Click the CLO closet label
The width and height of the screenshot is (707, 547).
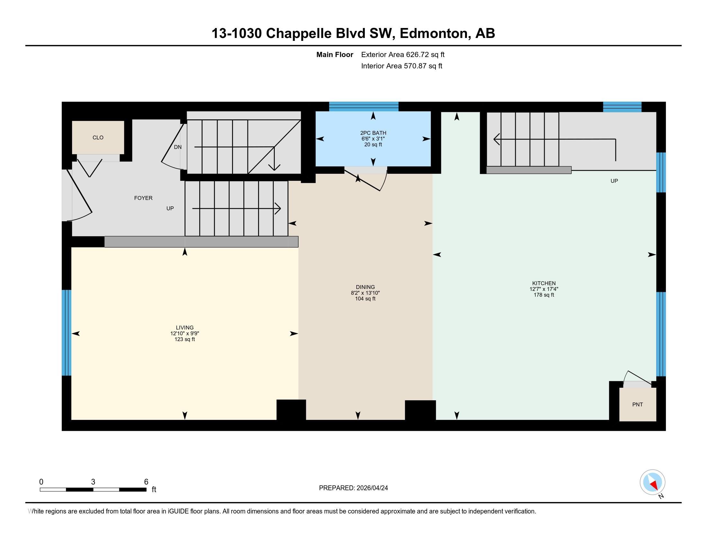[98, 138]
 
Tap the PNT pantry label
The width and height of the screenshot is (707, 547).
[637, 404]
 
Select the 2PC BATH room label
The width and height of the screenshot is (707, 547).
[373, 133]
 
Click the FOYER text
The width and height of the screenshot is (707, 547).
[143, 198]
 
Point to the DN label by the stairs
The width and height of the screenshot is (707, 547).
[178, 147]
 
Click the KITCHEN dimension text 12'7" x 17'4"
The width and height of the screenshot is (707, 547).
[543, 289]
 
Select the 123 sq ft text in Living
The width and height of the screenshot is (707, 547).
[184, 339]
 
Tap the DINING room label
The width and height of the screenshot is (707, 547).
[365, 287]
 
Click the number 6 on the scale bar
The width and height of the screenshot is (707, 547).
[146, 482]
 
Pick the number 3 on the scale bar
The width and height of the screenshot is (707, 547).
[93, 482]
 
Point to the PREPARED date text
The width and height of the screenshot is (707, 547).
[353, 488]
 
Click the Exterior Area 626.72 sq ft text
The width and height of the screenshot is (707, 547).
[403, 55]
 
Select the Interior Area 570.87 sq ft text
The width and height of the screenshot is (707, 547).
[401, 66]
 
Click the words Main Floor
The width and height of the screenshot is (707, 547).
[335, 55]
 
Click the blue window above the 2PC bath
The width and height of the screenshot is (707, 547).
[363, 107]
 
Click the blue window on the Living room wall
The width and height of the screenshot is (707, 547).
[67, 332]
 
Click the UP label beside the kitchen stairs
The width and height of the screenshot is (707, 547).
[614, 181]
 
